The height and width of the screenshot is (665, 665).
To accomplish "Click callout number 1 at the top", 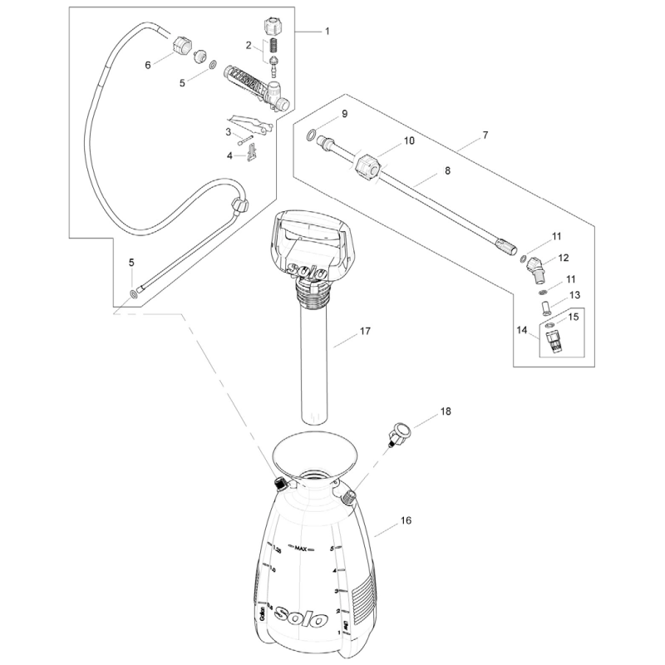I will (327, 31).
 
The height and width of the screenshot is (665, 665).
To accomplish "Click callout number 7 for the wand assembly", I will (485, 134).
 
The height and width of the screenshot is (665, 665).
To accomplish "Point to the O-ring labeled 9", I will (310, 135).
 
